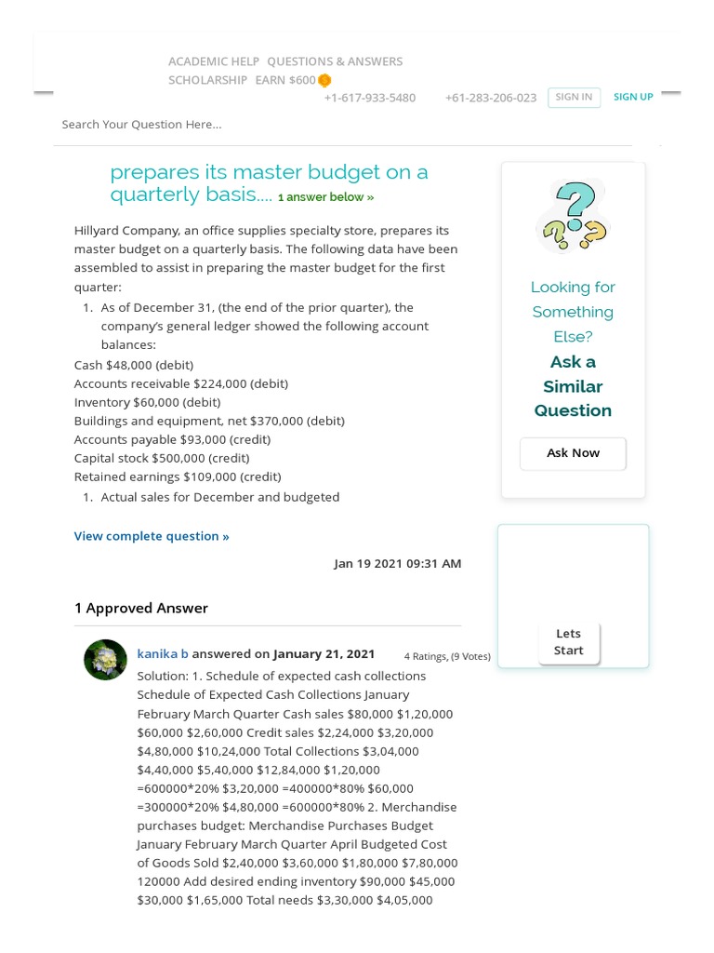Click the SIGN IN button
pos(574,97)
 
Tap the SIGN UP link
pos(633,97)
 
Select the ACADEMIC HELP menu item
pos(214,61)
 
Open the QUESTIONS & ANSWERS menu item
pos(335,61)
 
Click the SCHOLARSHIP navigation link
pos(207,80)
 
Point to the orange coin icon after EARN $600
pos(324,81)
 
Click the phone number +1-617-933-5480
pos(369,98)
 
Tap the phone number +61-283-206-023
pos(490,98)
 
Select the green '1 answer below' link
pos(325,197)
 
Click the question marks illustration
pos(574,217)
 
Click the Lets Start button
pos(569,642)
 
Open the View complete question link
pos(152,536)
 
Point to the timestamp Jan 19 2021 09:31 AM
pos(397,564)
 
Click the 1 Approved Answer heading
pos(141,609)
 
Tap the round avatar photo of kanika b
pos(105,660)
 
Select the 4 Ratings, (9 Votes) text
pos(447,656)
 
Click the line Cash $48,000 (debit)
pos(134,365)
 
